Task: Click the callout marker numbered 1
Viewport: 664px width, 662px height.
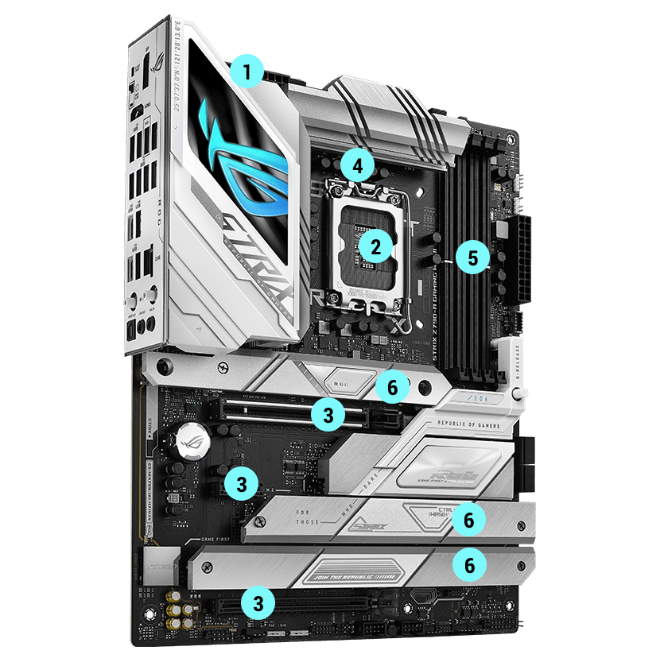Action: tap(247, 74)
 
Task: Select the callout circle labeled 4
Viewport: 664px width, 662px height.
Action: tap(357, 166)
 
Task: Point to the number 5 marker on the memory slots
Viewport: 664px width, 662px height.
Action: tap(473, 257)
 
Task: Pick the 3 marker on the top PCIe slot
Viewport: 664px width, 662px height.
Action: tap(328, 412)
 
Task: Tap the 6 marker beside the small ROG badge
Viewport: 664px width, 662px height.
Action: tap(392, 387)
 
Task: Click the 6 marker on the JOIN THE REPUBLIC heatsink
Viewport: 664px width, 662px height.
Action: tap(469, 564)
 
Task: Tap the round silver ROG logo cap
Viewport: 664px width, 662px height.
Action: tap(192, 436)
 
